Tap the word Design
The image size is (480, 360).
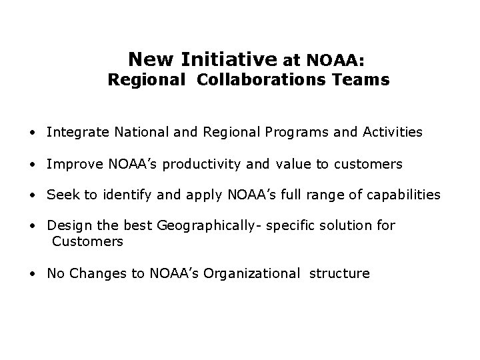[x=67, y=226]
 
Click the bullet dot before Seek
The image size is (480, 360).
[x=32, y=195]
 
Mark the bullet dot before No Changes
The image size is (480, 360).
[x=32, y=273]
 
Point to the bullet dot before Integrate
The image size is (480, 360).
[x=32, y=133]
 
